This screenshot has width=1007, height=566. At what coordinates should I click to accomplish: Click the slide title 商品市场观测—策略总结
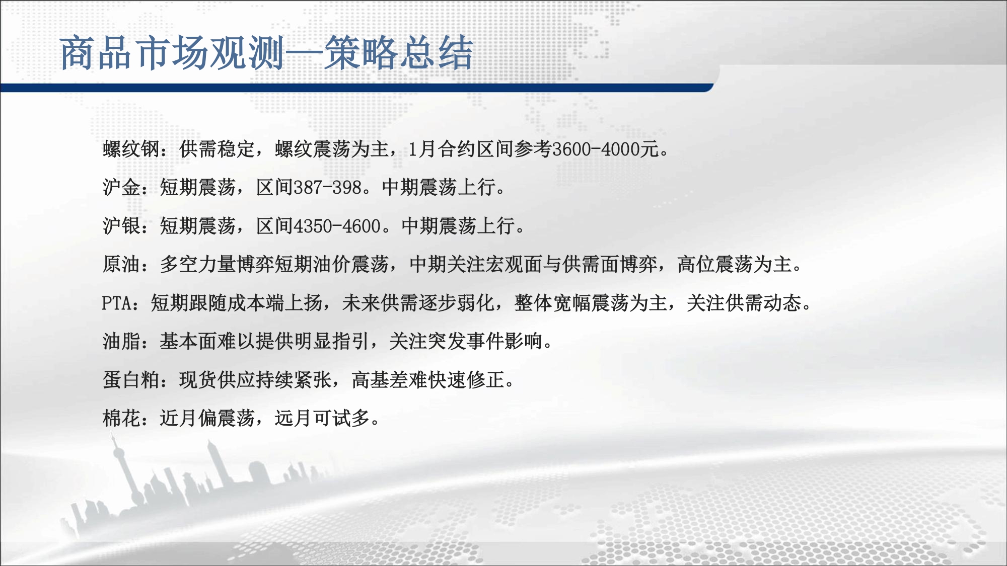tap(267, 53)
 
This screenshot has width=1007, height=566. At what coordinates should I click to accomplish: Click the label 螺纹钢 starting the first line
tap(131, 149)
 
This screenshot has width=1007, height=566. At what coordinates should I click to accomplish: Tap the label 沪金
tap(121, 187)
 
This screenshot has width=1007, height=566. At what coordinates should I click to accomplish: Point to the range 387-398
tap(328, 187)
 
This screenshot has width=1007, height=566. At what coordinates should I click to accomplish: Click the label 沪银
tap(121, 226)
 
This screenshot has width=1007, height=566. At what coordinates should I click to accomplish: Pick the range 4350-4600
tap(337, 226)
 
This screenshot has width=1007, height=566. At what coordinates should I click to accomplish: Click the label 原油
tap(121, 264)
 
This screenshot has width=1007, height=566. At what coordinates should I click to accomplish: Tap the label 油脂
tap(121, 341)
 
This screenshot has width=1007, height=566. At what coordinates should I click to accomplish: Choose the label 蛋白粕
tap(131, 379)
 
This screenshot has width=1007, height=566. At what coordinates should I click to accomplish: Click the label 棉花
tap(121, 418)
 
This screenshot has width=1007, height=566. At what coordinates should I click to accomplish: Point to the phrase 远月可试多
tap(322, 418)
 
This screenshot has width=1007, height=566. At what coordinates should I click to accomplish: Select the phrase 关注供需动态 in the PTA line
tap(744, 303)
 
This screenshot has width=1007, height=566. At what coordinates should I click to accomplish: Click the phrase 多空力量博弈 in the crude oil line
tap(218, 264)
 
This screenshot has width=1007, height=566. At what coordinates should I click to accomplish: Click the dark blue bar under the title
tap(356, 88)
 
